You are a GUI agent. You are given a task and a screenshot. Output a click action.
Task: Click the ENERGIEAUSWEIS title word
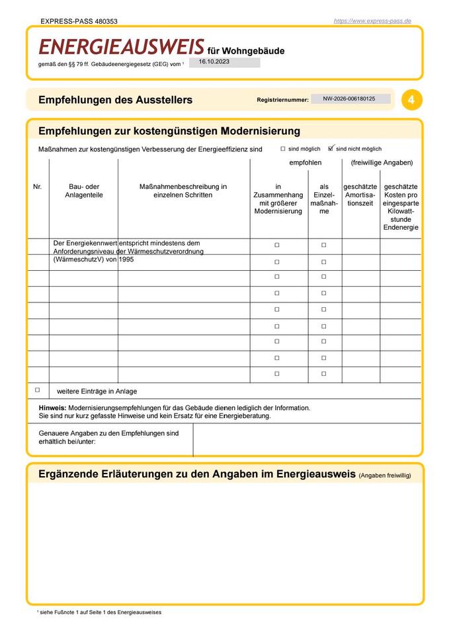click(x=122, y=47)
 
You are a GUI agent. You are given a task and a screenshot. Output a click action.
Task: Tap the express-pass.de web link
click(x=372, y=21)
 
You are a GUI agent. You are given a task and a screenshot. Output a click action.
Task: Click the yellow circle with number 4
click(x=411, y=100)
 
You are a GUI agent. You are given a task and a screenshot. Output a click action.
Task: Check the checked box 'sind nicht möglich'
click(x=332, y=149)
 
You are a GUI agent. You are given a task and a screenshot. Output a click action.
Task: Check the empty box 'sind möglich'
click(x=283, y=149)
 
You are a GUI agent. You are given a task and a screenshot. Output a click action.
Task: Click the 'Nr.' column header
click(x=37, y=187)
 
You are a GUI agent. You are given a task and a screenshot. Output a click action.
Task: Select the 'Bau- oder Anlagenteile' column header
click(x=84, y=191)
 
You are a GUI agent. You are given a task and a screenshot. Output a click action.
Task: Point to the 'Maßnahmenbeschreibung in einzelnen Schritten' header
click(x=183, y=191)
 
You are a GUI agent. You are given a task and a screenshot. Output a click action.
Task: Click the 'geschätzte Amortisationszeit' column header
click(x=360, y=195)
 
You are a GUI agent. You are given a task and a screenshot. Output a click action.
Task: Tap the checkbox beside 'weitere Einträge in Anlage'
click(x=37, y=390)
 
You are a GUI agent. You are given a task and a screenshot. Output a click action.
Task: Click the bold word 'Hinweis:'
click(x=53, y=408)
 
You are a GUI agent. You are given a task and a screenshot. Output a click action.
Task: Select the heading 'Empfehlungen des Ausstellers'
click(x=115, y=100)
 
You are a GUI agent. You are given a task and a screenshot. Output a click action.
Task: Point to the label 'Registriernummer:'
click(x=282, y=100)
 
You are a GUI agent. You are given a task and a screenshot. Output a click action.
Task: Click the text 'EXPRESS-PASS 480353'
click(x=79, y=21)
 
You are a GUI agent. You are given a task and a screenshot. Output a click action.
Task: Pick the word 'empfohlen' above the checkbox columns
click(x=306, y=162)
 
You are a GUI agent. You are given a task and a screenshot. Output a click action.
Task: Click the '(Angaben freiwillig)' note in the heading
click(x=385, y=475)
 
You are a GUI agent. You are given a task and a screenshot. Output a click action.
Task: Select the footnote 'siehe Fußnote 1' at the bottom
click(x=63, y=612)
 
